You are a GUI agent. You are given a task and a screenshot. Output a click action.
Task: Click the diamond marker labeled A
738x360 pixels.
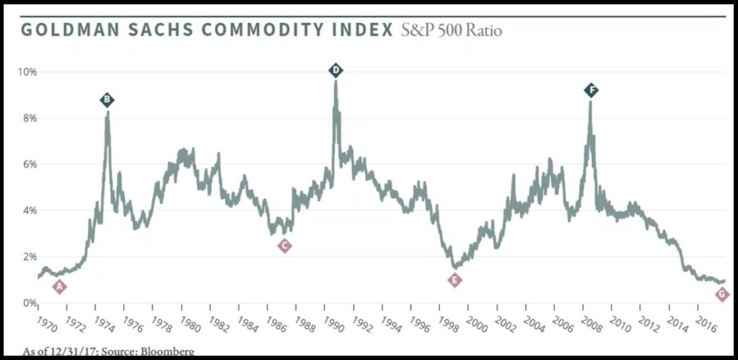(x=60, y=287)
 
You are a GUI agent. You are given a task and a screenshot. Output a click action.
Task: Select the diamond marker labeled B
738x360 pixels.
(x=106, y=100)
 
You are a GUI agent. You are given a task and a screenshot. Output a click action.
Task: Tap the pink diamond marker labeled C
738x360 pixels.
(x=284, y=246)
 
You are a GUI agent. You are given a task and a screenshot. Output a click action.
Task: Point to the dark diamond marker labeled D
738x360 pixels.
(x=336, y=70)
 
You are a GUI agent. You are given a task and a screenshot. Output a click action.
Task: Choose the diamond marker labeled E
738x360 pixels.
(x=455, y=280)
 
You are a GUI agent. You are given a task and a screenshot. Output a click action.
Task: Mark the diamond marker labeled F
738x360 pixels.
(x=591, y=90)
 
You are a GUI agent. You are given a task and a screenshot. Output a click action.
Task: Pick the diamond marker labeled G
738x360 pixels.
(x=722, y=294)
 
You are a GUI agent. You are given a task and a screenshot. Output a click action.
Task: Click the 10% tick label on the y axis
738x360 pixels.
(x=28, y=72)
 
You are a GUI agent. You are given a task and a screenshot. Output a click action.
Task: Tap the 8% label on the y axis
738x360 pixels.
(x=30, y=118)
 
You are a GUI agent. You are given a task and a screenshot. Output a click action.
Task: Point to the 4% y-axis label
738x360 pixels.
(x=30, y=210)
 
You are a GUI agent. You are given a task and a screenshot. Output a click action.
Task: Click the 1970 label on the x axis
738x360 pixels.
(x=46, y=323)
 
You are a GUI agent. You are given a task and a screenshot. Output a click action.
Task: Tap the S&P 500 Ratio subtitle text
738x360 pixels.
(x=451, y=31)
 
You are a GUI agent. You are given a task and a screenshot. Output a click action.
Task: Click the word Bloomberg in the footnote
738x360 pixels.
(x=168, y=351)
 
